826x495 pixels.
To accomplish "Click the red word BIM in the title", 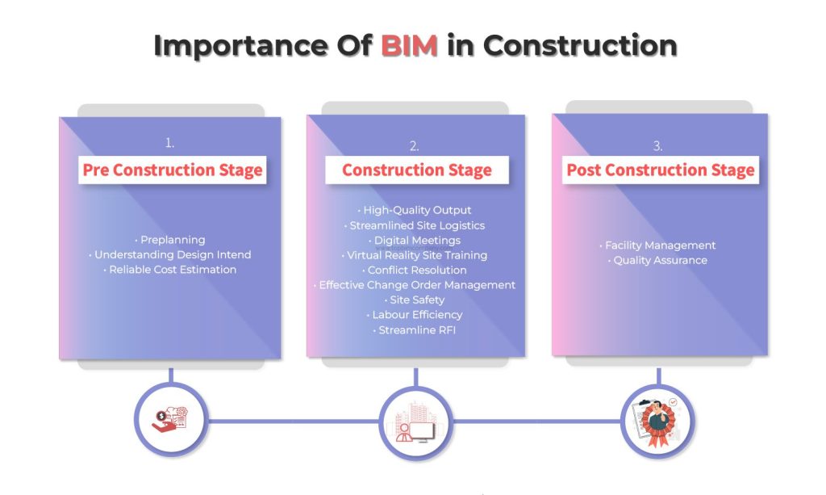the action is click(x=409, y=45).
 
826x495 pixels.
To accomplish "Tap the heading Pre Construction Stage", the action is click(x=173, y=170).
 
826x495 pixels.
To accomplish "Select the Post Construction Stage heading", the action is click(x=660, y=170).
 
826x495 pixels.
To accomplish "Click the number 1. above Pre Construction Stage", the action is click(x=169, y=142).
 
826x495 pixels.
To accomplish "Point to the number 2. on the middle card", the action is click(x=415, y=145).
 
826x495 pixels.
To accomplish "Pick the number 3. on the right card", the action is click(x=658, y=145).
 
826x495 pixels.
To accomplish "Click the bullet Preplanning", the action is click(x=170, y=240).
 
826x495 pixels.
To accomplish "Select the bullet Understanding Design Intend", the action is click(x=169, y=254).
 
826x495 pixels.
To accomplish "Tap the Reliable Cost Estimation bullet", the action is click(x=169, y=270).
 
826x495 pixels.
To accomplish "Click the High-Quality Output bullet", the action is click(x=415, y=210).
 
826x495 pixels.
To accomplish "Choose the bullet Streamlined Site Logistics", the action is click(x=415, y=225).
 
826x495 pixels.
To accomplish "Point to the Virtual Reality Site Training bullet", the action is click(x=415, y=255).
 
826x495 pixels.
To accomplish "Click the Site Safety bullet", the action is click(x=415, y=300).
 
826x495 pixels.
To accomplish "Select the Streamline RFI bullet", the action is click(x=415, y=330).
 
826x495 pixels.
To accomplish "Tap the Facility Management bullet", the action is click(x=657, y=245).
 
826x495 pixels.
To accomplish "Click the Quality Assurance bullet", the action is click(x=657, y=260).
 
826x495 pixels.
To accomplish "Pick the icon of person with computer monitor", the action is click(x=415, y=423).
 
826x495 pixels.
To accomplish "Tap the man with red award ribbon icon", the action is click(x=657, y=422).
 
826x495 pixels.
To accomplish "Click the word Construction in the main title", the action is click(x=580, y=45).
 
